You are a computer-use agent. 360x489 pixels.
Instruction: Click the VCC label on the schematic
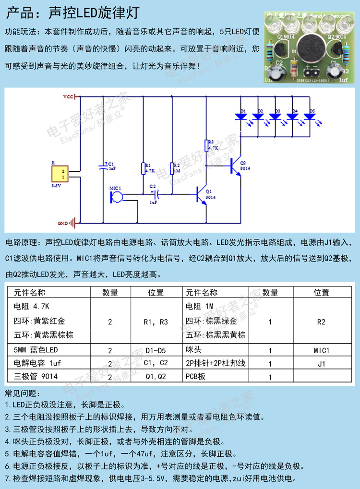coord(68,96)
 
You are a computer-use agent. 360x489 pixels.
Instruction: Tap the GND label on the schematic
coord(63,223)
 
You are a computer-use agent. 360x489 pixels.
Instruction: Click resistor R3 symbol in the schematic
coord(206,145)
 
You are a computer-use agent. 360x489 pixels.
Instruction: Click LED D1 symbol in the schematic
coord(239,116)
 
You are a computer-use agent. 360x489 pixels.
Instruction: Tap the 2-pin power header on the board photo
coord(311,72)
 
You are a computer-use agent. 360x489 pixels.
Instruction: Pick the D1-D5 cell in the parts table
coord(156,351)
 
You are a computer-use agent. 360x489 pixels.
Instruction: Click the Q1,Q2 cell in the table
coord(156,377)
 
